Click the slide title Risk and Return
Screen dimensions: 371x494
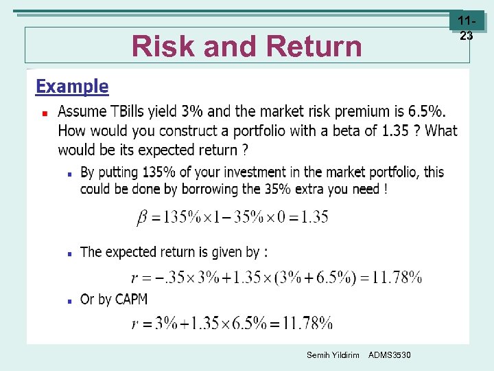(x=246, y=46)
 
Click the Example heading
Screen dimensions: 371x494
(x=72, y=87)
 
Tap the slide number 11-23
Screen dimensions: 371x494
(x=466, y=30)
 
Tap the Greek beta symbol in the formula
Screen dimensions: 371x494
(x=141, y=217)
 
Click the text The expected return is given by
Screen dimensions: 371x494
(x=174, y=252)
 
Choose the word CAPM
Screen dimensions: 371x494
(x=131, y=299)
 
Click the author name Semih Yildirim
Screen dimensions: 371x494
(x=333, y=355)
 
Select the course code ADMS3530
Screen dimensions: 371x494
(x=390, y=355)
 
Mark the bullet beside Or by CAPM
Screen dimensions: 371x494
(x=69, y=300)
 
